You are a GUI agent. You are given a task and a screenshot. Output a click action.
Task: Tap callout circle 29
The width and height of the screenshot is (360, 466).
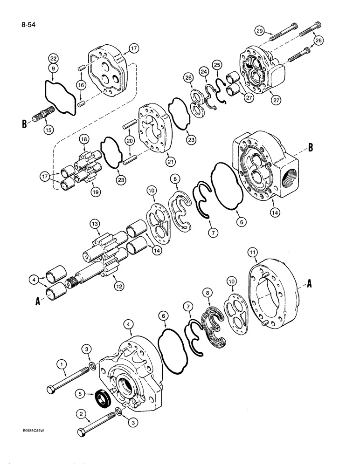tap(260, 31)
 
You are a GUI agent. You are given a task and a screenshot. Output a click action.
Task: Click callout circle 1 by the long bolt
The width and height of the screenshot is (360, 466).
tap(62, 363)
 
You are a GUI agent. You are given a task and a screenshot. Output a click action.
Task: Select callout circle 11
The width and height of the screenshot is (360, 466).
tap(252, 253)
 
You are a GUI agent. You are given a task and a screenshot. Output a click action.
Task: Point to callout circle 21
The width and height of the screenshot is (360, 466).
tap(169, 161)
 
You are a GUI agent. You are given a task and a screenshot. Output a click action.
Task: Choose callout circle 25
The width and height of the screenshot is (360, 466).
tap(216, 63)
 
